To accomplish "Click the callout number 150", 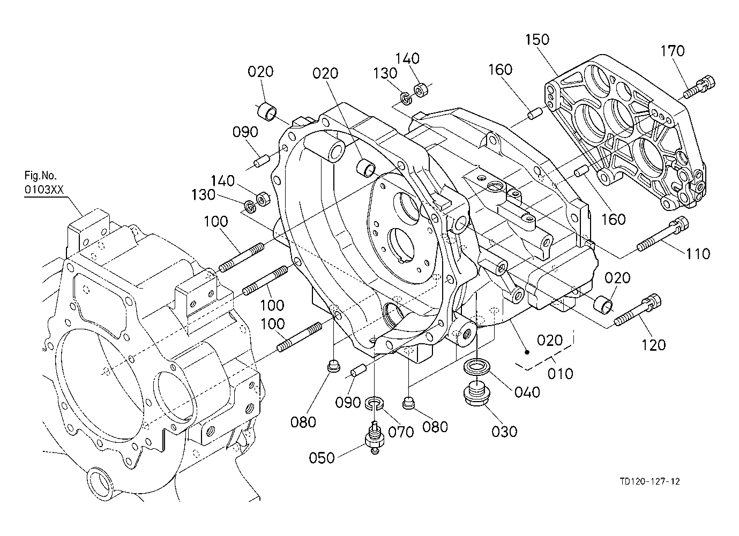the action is [x=537, y=40].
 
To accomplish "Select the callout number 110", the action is [x=698, y=254].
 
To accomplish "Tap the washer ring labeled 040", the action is [x=477, y=367].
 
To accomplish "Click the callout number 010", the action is [x=560, y=374].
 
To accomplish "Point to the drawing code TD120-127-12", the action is [x=650, y=481].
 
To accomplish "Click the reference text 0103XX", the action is [x=44, y=190].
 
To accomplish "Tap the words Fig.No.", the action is [x=41, y=176].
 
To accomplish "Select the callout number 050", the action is [x=322, y=458].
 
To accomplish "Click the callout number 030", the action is [x=504, y=432].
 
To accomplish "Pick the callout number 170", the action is [x=673, y=51].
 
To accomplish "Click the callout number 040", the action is [x=527, y=392].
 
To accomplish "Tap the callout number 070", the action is [x=401, y=432].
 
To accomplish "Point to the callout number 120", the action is [x=654, y=345].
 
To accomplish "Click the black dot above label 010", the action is [x=527, y=352].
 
